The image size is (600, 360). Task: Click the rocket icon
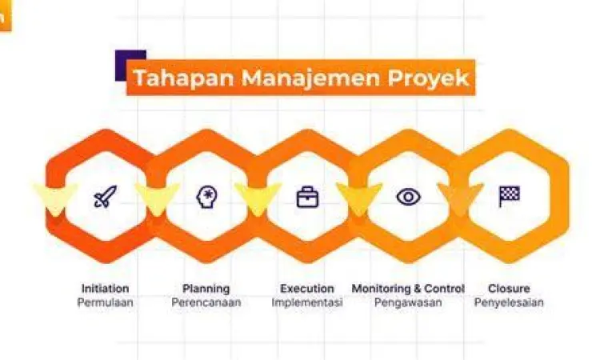105,196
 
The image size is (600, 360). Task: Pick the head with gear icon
206,196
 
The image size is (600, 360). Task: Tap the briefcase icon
307,197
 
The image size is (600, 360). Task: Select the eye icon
408,196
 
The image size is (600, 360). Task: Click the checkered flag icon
509,196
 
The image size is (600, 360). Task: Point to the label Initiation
105,288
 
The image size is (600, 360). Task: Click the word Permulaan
105,302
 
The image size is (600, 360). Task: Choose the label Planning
206,288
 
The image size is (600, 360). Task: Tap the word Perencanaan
206,302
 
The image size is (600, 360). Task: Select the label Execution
307,288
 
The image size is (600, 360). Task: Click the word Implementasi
307,302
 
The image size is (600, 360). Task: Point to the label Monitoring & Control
408,288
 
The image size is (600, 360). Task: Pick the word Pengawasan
408,302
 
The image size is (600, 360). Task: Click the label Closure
509,288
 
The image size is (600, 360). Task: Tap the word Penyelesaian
509,302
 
